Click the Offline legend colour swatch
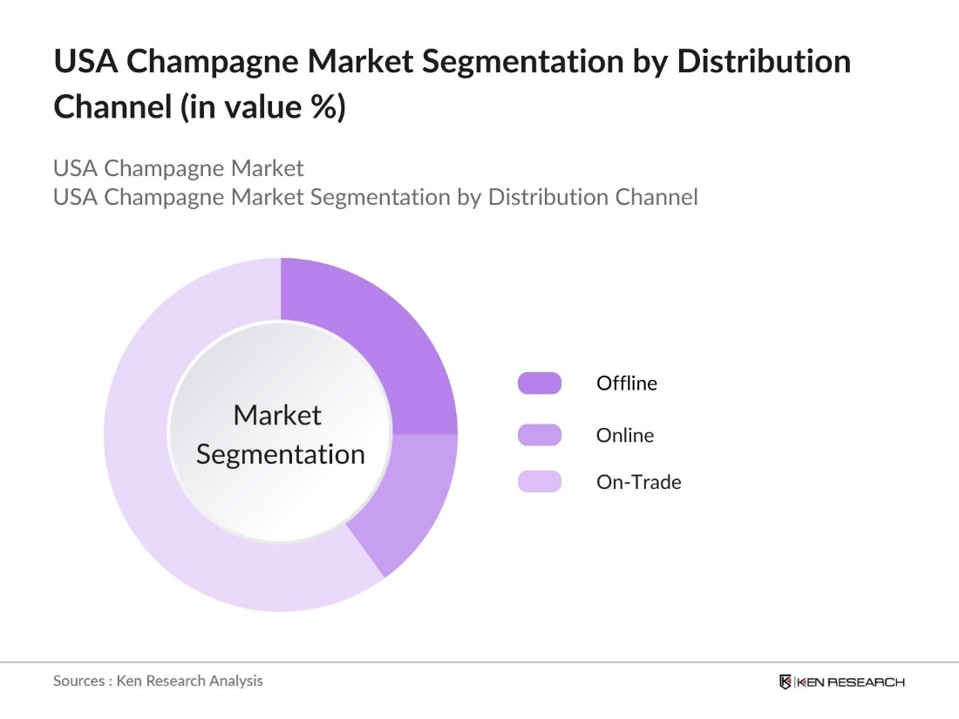[x=540, y=383]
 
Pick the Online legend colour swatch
[x=540, y=434]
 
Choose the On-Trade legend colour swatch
[x=540, y=481]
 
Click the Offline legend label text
[x=627, y=383]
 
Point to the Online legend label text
[x=624, y=434]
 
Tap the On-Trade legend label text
[x=638, y=481]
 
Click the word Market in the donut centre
[x=277, y=415]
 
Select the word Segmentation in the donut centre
[x=280, y=454]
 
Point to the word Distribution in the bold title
[x=751, y=63]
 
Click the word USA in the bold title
[x=84, y=63]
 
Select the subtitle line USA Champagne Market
[x=178, y=167]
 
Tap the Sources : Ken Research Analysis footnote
[x=158, y=681]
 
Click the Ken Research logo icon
[x=786, y=682]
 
